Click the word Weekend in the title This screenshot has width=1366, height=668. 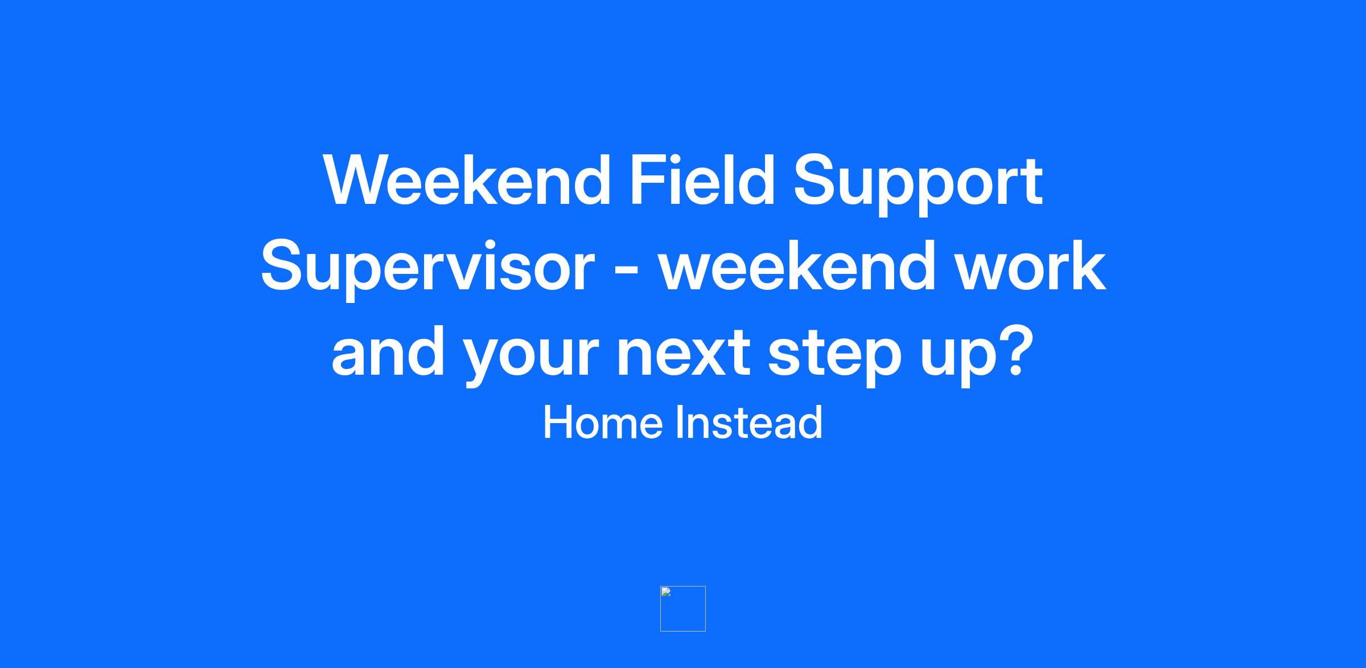coord(467,180)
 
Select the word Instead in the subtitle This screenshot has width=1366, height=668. coord(749,422)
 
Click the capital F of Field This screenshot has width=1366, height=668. coord(647,180)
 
